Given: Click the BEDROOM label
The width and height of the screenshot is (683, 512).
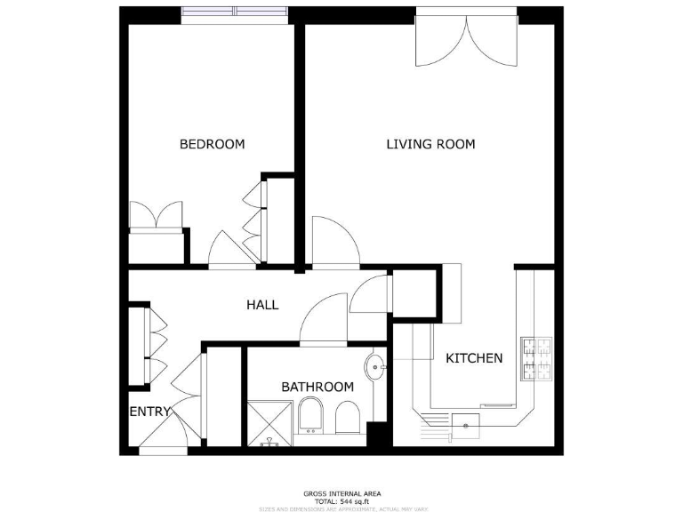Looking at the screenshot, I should click(x=212, y=144).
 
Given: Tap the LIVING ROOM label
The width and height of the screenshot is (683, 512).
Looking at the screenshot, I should click(x=430, y=144).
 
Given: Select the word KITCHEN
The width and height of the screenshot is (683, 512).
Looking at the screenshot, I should click(x=474, y=358).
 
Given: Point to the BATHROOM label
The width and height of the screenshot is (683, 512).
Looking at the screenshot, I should click(x=317, y=387).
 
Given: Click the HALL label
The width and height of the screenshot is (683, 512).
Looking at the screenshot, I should click(x=262, y=305).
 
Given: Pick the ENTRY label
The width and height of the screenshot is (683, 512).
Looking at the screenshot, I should click(x=149, y=412).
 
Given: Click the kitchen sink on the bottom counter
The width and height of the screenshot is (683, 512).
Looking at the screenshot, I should click(x=465, y=426).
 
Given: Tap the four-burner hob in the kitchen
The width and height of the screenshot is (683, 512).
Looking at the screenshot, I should click(x=538, y=359).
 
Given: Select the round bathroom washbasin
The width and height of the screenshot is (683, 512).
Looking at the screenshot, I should click(x=376, y=365).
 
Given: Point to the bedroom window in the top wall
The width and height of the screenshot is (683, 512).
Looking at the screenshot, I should click(x=235, y=12).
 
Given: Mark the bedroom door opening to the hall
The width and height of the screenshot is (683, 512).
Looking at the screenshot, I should click(x=230, y=249).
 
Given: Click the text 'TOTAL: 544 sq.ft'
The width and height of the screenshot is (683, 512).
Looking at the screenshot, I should click(x=341, y=501).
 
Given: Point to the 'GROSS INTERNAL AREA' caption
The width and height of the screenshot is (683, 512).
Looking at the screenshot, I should click(x=341, y=493).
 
